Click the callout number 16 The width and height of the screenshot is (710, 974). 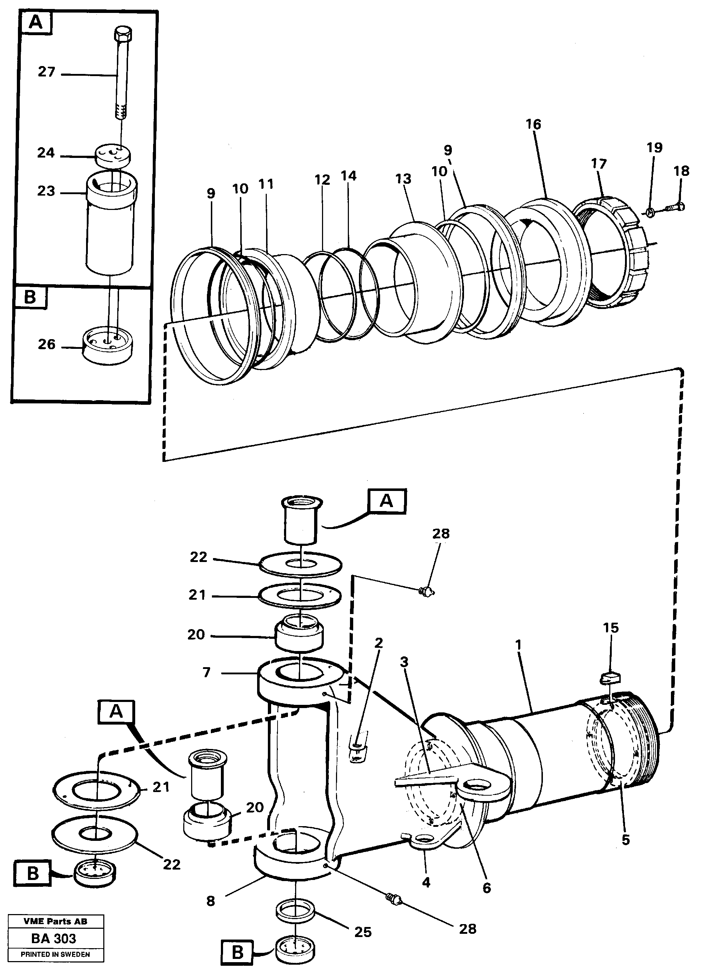point(533,124)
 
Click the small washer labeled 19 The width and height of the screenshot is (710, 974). point(650,211)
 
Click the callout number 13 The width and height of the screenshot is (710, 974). point(403,178)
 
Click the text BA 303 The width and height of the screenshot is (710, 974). point(54,938)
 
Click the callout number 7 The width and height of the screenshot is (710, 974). point(206,672)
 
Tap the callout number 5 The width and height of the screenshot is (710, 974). point(626,839)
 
